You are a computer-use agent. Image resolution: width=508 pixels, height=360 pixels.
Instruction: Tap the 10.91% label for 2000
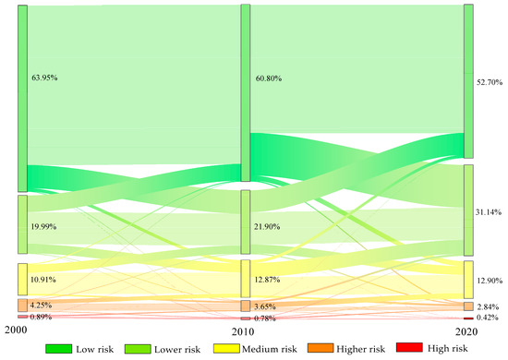click(44, 278)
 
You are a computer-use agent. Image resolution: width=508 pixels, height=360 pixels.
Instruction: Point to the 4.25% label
click(42, 305)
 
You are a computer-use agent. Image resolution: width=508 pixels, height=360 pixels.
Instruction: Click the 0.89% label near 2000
click(42, 317)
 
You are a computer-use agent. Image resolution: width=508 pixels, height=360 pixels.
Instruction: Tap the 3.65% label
click(264, 305)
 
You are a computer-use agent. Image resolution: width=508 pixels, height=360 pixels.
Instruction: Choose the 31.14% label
click(490, 211)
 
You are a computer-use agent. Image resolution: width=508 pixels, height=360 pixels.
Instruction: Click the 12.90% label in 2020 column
click(490, 279)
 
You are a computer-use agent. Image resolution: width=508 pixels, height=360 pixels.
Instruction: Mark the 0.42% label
click(489, 318)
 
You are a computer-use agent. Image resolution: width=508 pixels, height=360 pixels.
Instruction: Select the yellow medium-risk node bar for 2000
click(22, 279)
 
